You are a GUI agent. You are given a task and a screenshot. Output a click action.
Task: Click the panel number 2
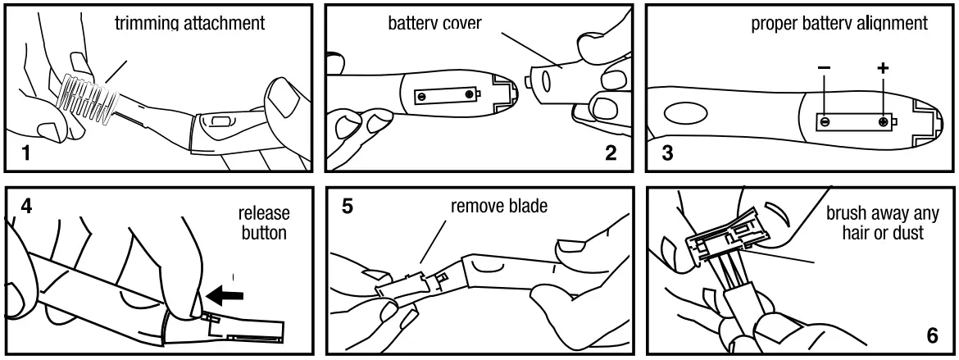(611, 153)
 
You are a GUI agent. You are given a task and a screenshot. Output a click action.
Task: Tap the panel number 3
(666, 153)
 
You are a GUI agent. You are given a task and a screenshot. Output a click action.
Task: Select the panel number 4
(26, 205)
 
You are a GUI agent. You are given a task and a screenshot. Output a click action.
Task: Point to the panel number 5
(348, 205)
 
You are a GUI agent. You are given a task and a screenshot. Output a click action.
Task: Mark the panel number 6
(933, 336)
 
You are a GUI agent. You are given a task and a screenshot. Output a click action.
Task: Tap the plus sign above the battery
(883, 68)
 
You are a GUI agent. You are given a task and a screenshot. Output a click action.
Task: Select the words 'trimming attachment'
(189, 23)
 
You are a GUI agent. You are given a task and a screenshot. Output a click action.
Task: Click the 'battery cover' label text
(434, 23)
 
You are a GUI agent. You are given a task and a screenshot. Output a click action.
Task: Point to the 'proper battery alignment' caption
(839, 23)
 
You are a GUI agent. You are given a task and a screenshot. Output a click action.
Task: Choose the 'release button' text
(263, 223)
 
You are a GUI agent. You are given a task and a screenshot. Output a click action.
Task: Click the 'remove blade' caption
(499, 206)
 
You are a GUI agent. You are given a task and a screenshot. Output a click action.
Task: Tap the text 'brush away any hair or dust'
(883, 223)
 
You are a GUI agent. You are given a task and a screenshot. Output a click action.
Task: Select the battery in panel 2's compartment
(445, 95)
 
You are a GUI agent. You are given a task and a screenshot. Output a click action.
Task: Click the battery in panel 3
(853, 121)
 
